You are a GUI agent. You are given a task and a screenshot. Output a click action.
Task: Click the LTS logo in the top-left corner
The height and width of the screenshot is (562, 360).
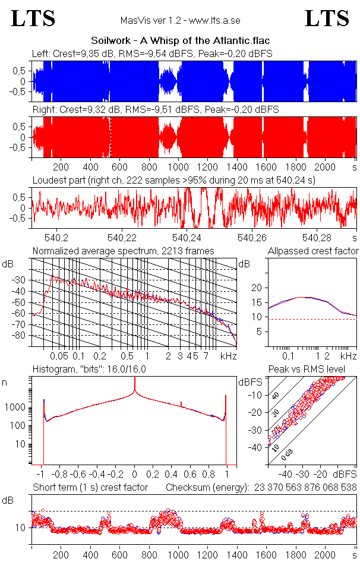pos(33,18)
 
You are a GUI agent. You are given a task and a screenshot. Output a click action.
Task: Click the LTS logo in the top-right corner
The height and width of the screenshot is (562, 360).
pos(327,18)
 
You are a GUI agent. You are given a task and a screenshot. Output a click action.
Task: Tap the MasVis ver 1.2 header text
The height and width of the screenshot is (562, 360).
pos(180,20)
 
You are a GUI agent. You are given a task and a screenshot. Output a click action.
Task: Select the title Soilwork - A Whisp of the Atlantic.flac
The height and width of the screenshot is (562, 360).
pos(181,41)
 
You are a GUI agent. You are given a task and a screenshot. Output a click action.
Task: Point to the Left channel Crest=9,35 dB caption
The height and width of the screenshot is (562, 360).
pos(152,53)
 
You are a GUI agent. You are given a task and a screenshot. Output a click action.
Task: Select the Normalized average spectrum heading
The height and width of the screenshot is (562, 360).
pos(124,251)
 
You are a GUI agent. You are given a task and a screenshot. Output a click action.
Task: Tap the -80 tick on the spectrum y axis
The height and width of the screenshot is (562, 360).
pos(22,336)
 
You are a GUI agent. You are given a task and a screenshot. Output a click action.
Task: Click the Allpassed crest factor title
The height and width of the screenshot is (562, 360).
pos(313,251)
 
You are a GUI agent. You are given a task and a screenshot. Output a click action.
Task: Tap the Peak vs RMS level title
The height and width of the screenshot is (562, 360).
pos(307,370)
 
